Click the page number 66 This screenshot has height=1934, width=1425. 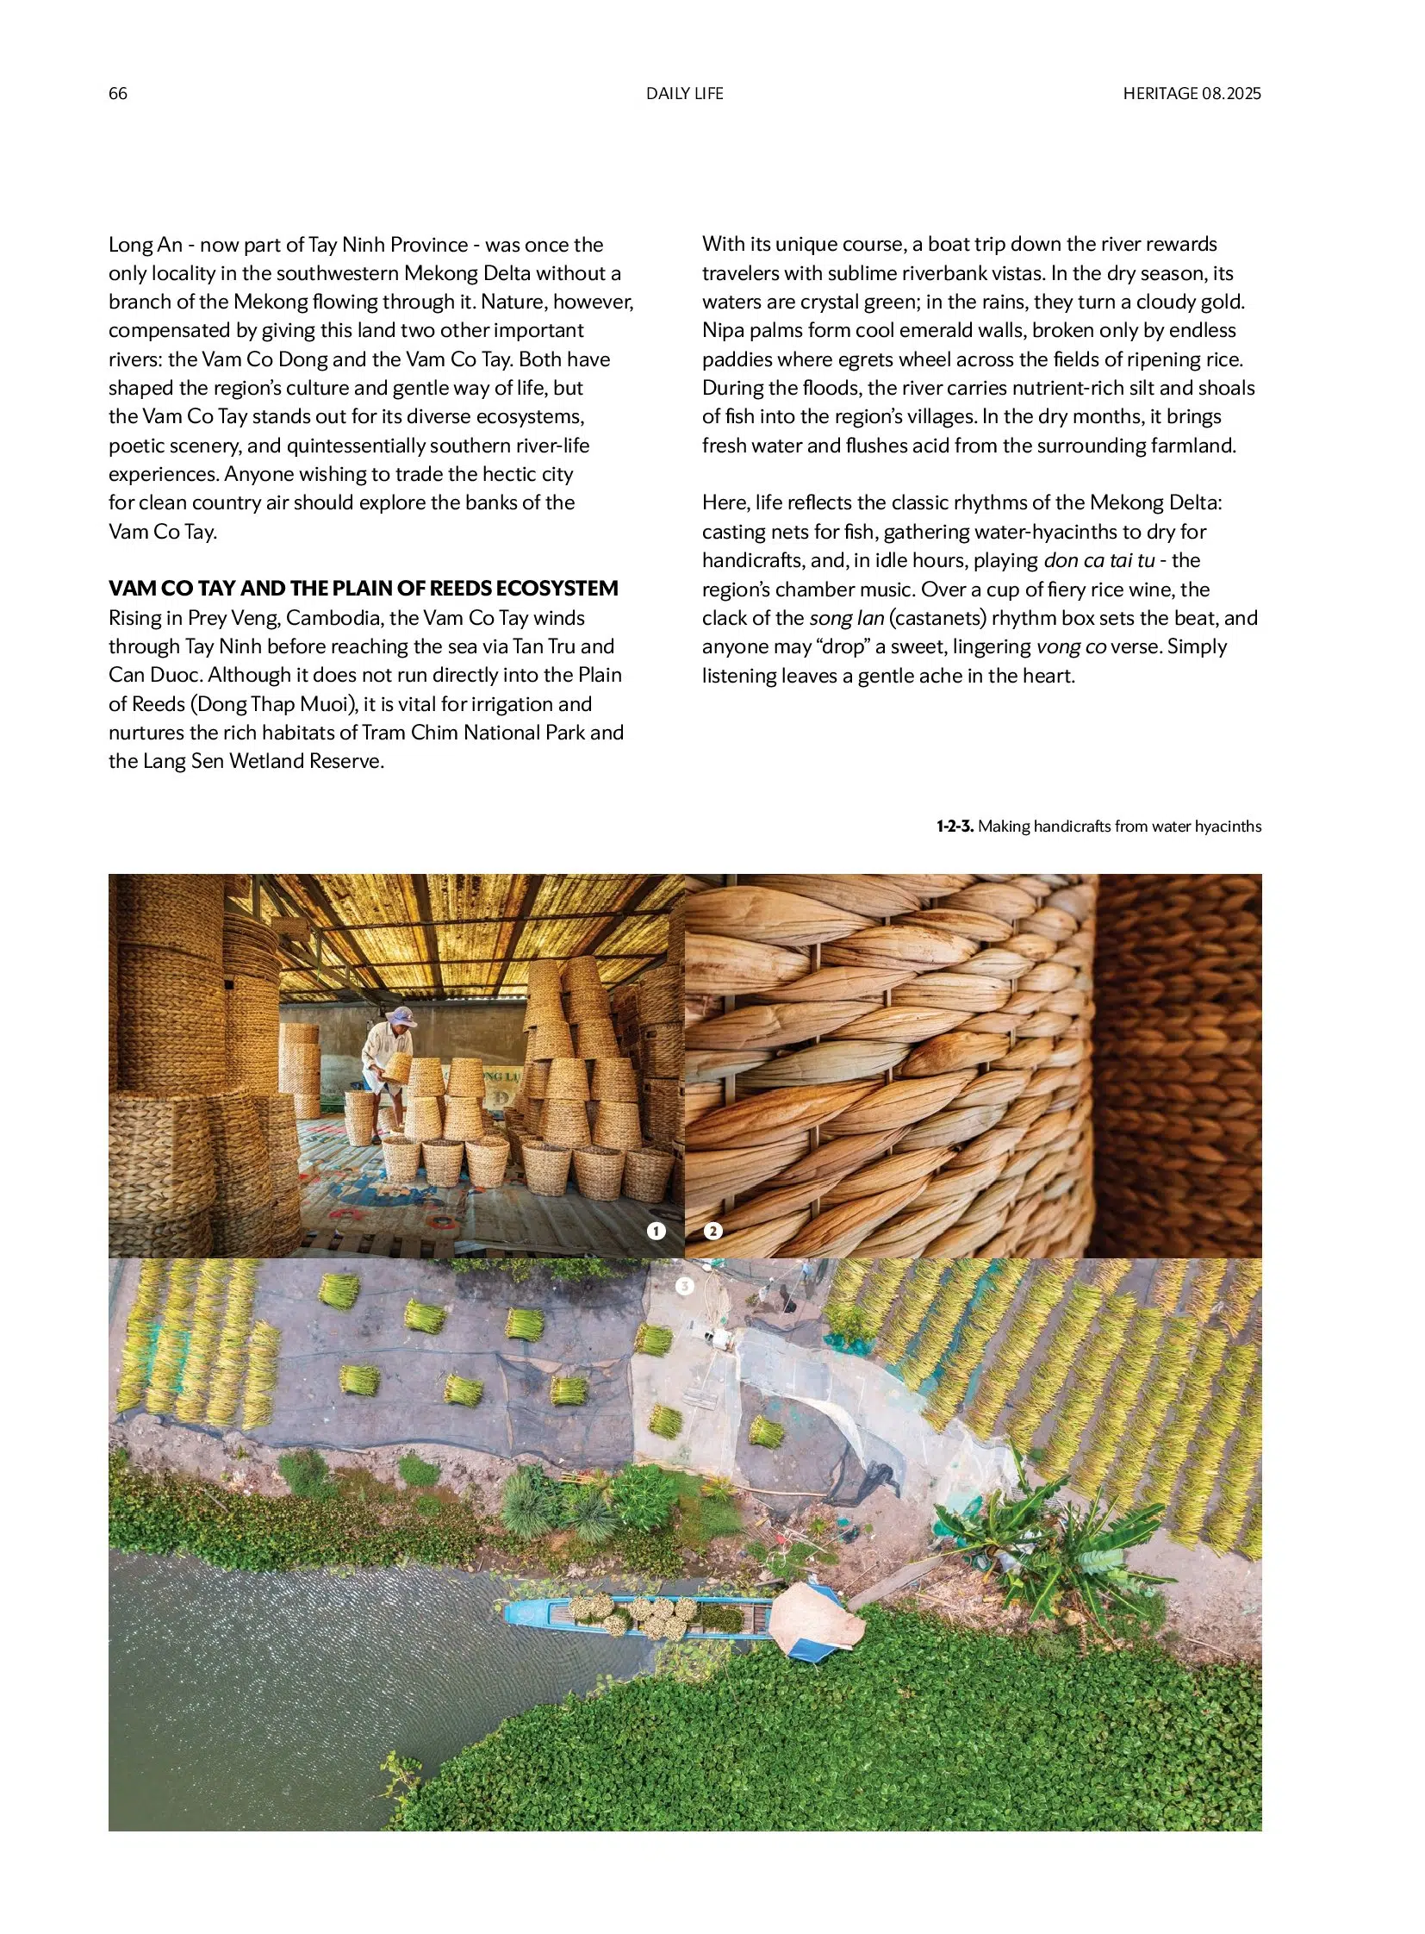[117, 93]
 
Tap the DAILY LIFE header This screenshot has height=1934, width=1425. [684, 93]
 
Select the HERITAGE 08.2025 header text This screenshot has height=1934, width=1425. [1192, 93]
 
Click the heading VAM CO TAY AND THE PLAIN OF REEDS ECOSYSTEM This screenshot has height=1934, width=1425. [364, 589]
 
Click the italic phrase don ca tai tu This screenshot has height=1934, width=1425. [1098, 560]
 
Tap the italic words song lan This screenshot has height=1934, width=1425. [846, 618]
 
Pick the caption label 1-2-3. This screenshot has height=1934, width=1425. [955, 826]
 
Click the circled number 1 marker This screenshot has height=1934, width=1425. [656, 1231]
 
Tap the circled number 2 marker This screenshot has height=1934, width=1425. [712, 1231]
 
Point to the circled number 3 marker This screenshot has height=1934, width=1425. [684, 1286]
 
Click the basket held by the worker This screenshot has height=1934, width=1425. [398, 1069]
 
